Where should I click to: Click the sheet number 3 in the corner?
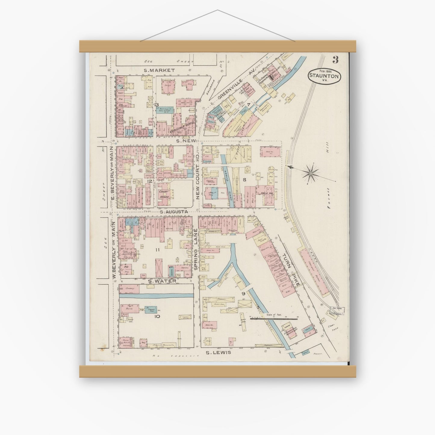[335, 60]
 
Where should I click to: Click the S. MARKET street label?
[159, 70]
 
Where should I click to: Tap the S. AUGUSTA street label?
[174, 212]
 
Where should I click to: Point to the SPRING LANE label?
[195, 249]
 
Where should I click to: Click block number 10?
[157, 316]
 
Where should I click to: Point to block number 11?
[157, 250]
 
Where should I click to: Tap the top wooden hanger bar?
[217, 46]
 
